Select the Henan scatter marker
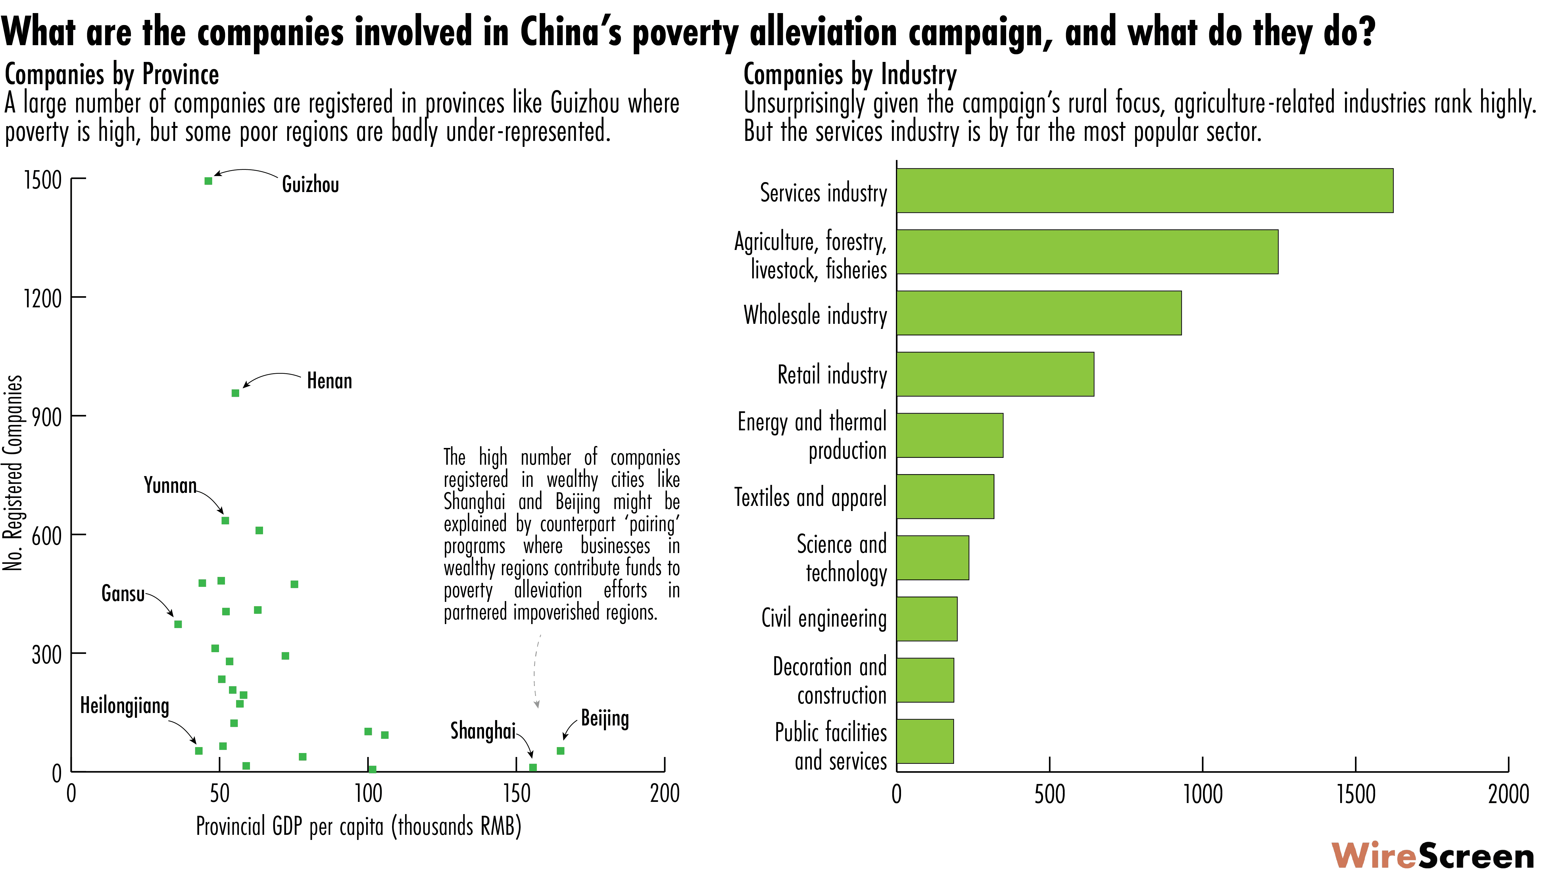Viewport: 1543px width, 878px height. pos(235,393)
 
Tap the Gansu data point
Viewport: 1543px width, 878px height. pos(178,624)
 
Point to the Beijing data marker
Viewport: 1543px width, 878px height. pos(560,751)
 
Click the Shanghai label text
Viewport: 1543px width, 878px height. pos(482,731)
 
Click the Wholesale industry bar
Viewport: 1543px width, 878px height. pos(1038,313)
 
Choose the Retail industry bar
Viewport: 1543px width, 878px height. pos(995,374)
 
